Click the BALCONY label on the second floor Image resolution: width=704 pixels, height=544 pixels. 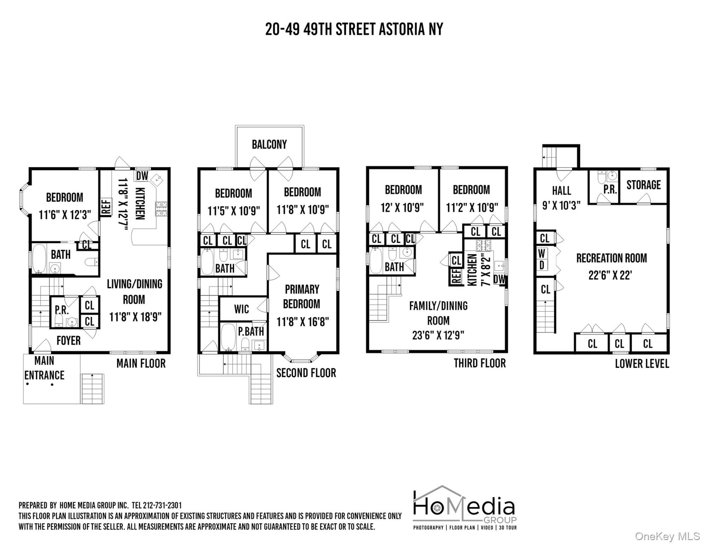tap(269, 144)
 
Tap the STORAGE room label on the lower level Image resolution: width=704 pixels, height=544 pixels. tap(643, 185)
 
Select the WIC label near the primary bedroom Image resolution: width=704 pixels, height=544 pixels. tap(242, 309)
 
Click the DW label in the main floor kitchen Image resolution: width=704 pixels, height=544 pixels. tap(142, 175)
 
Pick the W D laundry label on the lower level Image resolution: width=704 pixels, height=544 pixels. tap(542, 259)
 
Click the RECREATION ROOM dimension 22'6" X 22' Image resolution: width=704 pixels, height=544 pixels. tap(610, 275)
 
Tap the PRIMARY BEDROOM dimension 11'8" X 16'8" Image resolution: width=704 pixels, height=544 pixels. tap(302, 322)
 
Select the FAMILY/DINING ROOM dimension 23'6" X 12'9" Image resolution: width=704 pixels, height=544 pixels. tap(438, 335)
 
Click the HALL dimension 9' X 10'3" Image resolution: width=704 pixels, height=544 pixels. tap(561, 205)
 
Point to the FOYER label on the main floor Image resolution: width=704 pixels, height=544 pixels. tap(68, 341)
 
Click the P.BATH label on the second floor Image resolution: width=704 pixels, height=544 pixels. tap(251, 331)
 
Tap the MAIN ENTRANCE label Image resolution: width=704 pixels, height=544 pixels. tap(44, 368)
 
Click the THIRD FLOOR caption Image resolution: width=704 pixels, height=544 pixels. tap(480, 363)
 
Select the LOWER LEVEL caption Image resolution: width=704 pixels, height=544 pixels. tap(642, 364)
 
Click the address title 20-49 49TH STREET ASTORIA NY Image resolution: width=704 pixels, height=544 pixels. tap(354, 29)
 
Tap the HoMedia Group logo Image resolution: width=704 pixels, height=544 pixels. tap(465, 508)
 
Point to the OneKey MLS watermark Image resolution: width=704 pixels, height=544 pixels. tap(667, 536)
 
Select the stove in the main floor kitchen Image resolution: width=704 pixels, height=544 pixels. tap(161, 209)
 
